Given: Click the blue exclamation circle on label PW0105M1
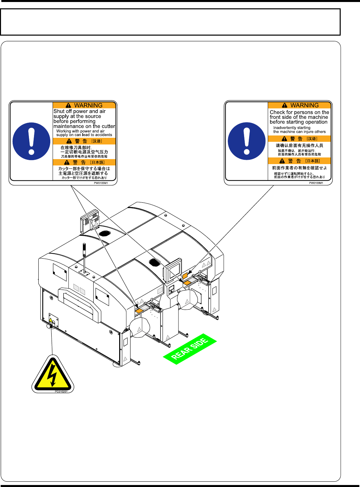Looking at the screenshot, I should [x=31, y=141].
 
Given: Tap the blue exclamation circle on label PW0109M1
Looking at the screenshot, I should [x=247, y=141].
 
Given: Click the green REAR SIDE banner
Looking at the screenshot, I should [x=190, y=349].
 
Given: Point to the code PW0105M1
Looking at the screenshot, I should [x=101, y=183].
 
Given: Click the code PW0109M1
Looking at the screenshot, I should [x=316, y=183].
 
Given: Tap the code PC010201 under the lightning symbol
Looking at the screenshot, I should [x=61, y=391].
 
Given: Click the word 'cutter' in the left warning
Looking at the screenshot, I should [x=108, y=126].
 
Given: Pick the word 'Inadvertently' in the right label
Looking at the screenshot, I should [x=285, y=128].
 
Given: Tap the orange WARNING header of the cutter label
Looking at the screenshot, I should [x=85, y=105].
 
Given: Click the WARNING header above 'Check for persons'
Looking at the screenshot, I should [x=300, y=105].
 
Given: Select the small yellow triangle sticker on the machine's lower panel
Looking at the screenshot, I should [x=51, y=320].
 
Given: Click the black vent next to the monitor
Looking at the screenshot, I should [x=154, y=262].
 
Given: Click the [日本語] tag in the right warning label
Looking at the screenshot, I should [x=312, y=161].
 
